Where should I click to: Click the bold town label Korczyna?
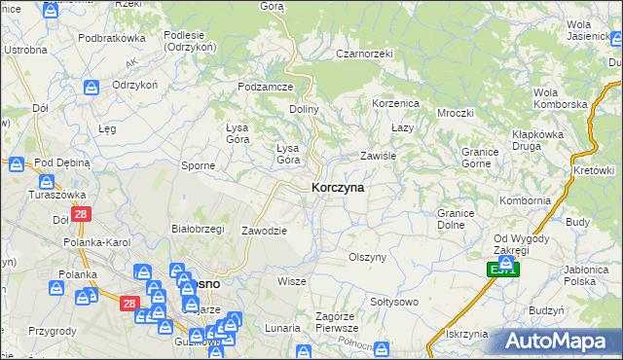pos(338,188)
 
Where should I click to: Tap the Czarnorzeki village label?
pos(363,54)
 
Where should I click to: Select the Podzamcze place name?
pos(266,87)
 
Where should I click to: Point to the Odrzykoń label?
pos(134,85)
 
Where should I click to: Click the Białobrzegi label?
pos(198,229)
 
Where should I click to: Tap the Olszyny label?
pos(368,257)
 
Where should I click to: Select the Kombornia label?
pos(525,200)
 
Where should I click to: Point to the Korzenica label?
pos(395,102)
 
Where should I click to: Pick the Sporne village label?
pos(199,165)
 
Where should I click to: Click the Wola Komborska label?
pos(560,98)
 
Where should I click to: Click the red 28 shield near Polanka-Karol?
pos(81,216)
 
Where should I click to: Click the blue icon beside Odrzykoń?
pos(91,88)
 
